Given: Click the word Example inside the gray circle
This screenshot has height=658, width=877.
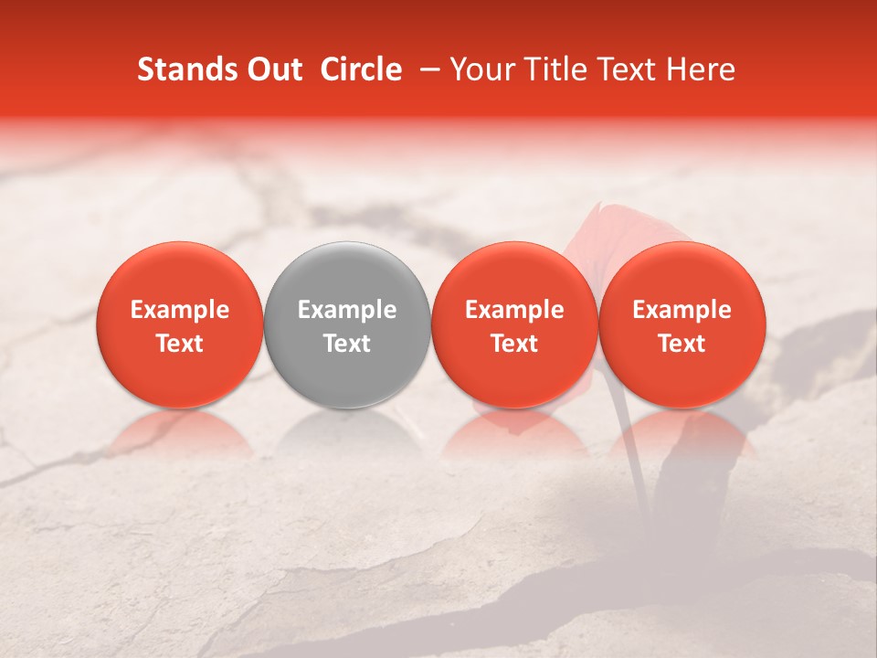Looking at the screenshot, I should (x=347, y=311).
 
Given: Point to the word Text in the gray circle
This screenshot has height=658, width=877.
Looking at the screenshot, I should (x=347, y=344).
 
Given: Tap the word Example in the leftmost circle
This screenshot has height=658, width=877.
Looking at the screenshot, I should (x=180, y=311).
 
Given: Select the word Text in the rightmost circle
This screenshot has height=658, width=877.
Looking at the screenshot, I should (x=682, y=344).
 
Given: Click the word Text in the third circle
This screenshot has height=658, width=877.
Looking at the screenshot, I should (x=514, y=344).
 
